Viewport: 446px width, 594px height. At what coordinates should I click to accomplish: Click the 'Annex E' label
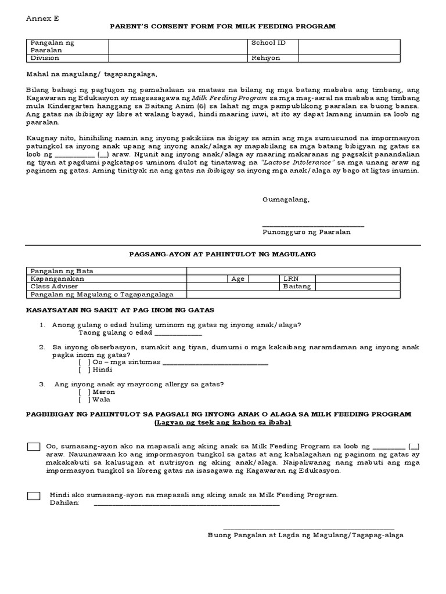coord(42,18)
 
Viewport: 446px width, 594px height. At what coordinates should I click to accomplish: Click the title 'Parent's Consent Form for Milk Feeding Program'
coord(223,27)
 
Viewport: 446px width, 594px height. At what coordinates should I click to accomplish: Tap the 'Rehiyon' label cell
coord(265,58)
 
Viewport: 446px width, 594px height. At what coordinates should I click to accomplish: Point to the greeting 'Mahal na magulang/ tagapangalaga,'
coord(92,74)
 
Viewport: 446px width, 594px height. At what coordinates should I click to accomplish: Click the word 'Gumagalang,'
coord(286,200)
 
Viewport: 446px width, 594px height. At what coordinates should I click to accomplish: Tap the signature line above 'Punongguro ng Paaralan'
coord(313,226)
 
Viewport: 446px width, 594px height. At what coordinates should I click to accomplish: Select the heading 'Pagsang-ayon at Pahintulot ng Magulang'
coord(222,254)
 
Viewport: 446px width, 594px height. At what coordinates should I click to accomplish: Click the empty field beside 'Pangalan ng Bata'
coord(293,271)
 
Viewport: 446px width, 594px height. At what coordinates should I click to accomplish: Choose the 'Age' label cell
coord(238,279)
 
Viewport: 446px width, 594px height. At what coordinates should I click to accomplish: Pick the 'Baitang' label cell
coord(297,287)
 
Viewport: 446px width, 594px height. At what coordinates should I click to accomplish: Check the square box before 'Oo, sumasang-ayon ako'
coord(34,447)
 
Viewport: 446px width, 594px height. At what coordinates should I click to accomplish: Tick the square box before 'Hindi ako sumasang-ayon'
coord(34,495)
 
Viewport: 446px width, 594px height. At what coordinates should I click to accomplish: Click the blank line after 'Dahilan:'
coord(186,504)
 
